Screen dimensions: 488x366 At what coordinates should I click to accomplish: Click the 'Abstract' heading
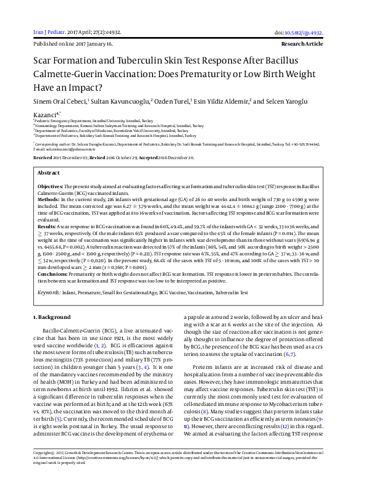[x=49, y=174]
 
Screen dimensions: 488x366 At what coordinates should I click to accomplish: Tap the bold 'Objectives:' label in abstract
[x=50, y=186]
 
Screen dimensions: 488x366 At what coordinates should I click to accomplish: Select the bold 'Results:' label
[x=47, y=228]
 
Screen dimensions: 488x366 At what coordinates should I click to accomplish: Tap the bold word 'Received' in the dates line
[x=43, y=158]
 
